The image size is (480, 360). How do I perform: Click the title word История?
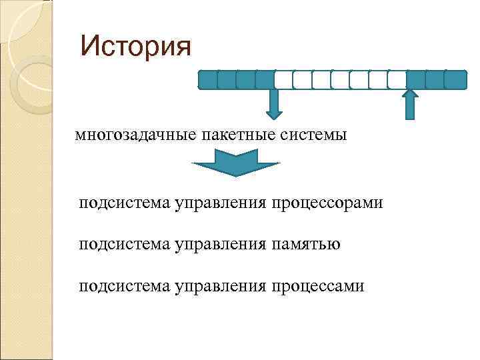(x=135, y=46)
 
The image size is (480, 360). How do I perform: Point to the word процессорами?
(x=327, y=202)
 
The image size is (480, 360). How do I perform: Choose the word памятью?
(x=305, y=244)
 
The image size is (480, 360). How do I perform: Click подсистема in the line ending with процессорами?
(x=125, y=202)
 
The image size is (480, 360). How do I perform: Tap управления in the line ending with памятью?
(x=221, y=244)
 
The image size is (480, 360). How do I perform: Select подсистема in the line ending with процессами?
(x=125, y=286)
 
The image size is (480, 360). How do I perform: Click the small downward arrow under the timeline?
(x=274, y=103)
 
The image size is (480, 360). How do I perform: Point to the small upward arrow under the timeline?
(x=410, y=105)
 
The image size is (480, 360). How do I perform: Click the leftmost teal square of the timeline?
(x=208, y=80)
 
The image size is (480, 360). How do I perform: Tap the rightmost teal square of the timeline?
(x=456, y=80)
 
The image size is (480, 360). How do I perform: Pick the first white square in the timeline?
(x=283, y=80)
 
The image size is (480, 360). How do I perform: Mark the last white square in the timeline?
(x=397, y=80)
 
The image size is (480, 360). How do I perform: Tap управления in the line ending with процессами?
(x=221, y=286)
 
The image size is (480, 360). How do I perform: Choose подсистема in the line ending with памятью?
(x=125, y=244)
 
